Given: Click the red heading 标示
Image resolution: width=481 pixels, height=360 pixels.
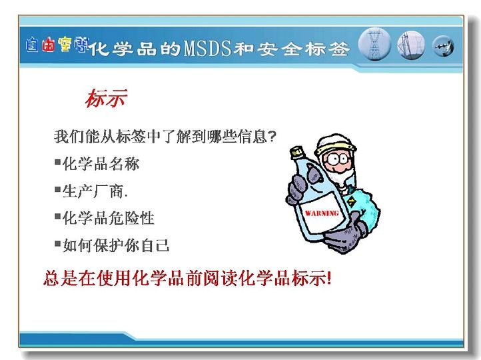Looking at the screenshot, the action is pyautogui.click(x=106, y=98).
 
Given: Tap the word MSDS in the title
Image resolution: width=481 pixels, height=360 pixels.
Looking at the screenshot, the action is pyautogui.click(x=207, y=49).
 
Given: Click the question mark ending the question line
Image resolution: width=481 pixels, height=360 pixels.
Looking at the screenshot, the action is pyautogui.click(x=272, y=136).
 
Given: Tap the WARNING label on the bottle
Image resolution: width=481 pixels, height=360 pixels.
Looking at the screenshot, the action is pyautogui.click(x=322, y=213).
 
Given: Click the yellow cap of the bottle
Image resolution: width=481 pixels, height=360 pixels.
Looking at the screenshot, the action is pyautogui.click(x=296, y=152).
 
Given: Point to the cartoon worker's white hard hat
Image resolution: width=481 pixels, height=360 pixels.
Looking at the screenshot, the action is pyautogui.click(x=335, y=144).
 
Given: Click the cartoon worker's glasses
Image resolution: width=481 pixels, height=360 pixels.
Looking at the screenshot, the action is pyautogui.click(x=337, y=159).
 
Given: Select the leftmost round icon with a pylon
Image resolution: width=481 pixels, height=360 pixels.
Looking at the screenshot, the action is pyautogui.click(x=374, y=45).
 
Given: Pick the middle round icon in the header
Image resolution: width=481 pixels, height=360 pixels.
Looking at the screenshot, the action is pyautogui.click(x=411, y=45).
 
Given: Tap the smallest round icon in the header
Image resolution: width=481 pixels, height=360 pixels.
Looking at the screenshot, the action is pyautogui.click(x=443, y=46).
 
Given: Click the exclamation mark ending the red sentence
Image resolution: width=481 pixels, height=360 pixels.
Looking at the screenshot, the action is pyautogui.click(x=329, y=279).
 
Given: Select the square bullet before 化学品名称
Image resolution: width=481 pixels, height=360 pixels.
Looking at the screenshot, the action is pyautogui.click(x=58, y=162).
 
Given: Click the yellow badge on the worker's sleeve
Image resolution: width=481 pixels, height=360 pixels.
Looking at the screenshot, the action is pyautogui.click(x=351, y=201).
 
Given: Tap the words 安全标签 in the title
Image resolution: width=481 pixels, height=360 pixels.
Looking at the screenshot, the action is pyautogui.click(x=303, y=49).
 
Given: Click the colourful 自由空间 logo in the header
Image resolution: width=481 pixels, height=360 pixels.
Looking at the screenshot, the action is pyautogui.click(x=57, y=45).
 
